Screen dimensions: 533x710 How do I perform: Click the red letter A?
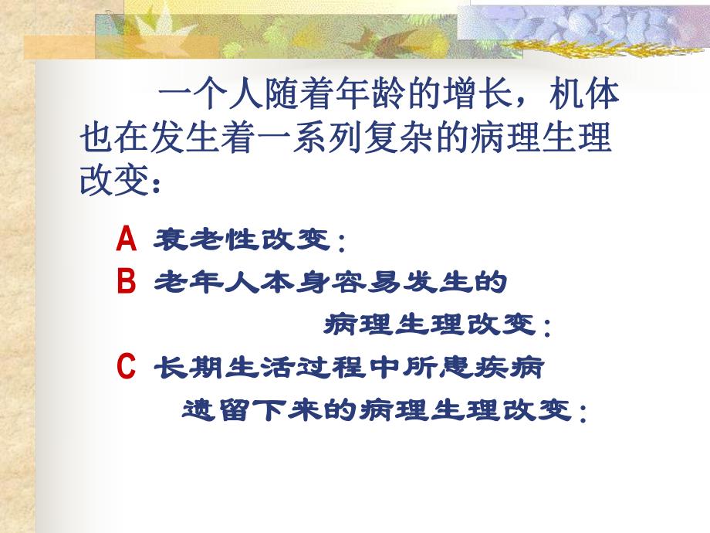pos(127,240)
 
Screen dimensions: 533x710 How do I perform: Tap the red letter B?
pos(127,283)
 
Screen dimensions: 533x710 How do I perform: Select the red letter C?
pos(127,366)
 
